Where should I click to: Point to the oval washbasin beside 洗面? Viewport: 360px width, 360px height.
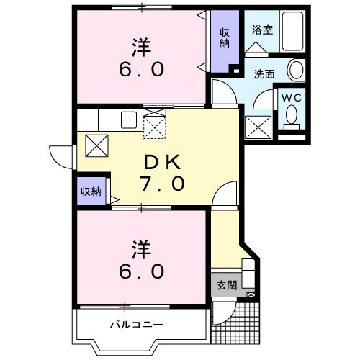pyautogui.click(x=295, y=71)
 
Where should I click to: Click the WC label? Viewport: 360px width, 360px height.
pyautogui.click(x=291, y=97)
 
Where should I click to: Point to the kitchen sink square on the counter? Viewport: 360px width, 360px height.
pyautogui.click(x=129, y=120)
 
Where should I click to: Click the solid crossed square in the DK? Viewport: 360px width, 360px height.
pyautogui.click(x=96, y=145)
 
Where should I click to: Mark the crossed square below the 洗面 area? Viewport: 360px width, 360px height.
pyautogui.click(x=258, y=127)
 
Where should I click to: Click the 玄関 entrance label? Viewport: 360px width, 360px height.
pyautogui.click(x=227, y=285)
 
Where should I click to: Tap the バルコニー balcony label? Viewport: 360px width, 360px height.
pyautogui.click(x=136, y=325)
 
